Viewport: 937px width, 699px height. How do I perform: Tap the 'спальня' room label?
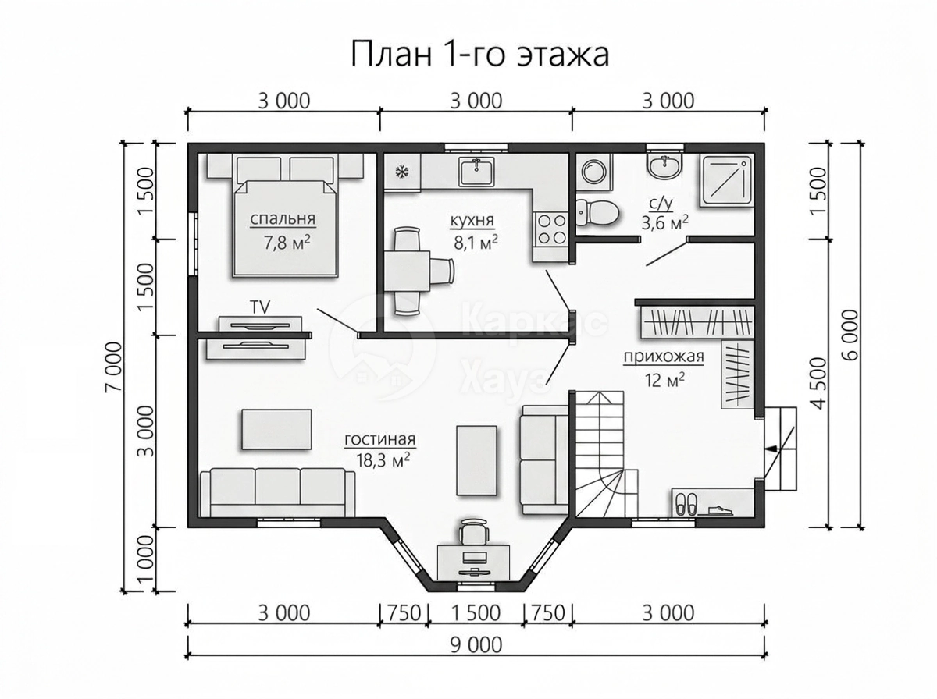pyautogui.click(x=283, y=218)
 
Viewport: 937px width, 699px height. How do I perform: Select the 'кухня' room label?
pyautogui.click(x=472, y=221)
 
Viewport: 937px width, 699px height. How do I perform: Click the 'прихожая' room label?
pyautogui.click(x=664, y=356)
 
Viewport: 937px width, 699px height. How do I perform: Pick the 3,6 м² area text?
pyautogui.click(x=664, y=222)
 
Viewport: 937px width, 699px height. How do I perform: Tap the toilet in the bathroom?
pyautogui.click(x=597, y=212)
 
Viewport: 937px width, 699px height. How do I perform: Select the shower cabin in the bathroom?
pyautogui.click(x=726, y=182)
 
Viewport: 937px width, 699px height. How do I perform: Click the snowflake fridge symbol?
pyautogui.click(x=402, y=172)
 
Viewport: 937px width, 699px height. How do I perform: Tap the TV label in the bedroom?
pyautogui.click(x=260, y=307)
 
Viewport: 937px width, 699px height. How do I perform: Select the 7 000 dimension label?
pyautogui.click(x=115, y=367)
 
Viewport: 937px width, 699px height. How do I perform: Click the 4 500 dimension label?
pyautogui.click(x=819, y=383)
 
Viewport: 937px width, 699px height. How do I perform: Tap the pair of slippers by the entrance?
pyautogui.click(x=686, y=504)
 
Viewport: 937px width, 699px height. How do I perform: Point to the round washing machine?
pyautogui.click(x=593, y=171)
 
